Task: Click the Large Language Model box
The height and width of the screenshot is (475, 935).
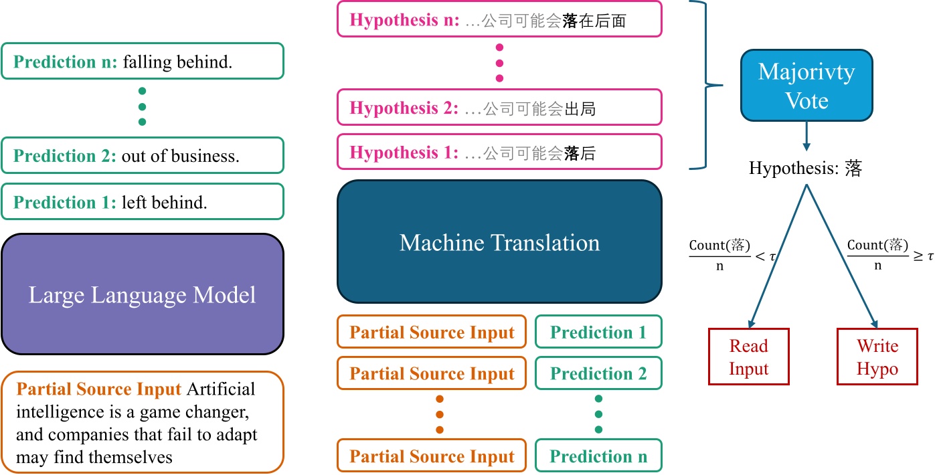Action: point(142,294)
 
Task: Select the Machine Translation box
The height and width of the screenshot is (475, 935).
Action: point(499,242)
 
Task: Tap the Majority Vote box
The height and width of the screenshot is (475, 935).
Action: point(806,86)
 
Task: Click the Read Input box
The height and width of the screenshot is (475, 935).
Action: point(748,357)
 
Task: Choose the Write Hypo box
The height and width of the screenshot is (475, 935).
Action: point(877,357)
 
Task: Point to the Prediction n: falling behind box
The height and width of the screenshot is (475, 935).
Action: point(142,62)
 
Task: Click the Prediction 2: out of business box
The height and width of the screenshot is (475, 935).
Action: point(142,156)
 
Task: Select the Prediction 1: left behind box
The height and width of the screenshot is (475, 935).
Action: point(142,202)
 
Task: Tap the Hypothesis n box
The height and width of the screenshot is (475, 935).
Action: point(499,19)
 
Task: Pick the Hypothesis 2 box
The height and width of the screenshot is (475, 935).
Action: point(499,107)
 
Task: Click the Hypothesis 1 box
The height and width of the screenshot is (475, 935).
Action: point(499,152)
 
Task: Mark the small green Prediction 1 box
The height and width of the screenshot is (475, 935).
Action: point(598,332)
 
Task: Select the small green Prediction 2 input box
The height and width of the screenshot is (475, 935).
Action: point(598,374)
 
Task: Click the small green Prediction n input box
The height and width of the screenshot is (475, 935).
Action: point(598,456)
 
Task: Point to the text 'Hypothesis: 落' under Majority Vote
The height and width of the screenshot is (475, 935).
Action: point(805,167)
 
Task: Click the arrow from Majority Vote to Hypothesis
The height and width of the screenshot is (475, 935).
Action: point(806,136)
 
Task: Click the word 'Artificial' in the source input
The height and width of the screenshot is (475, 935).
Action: point(222,388)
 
